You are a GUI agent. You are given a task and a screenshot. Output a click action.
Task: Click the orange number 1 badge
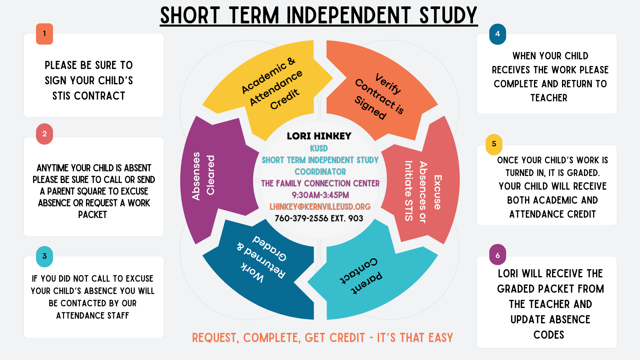point(44,34)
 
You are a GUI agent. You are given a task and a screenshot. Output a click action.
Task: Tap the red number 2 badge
point(44,134)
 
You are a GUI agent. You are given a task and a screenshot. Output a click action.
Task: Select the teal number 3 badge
point(44,256)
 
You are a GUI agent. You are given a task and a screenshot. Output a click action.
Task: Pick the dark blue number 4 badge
point(497,34)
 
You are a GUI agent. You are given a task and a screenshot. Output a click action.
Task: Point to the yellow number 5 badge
point(494,144)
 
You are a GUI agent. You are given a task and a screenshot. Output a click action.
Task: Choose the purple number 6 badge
point(497,255)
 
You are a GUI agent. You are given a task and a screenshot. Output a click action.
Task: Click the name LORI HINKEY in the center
point(319,136)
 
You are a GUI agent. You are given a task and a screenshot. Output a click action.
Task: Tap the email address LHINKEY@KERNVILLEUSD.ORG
point(320,207)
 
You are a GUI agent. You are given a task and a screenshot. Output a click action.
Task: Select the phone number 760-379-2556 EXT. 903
point(319,218)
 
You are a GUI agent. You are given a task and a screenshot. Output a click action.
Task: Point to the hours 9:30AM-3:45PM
point(320,195)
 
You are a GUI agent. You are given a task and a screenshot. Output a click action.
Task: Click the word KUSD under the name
point(319,148)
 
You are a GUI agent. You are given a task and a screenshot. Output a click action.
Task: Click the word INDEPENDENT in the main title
point(348,15)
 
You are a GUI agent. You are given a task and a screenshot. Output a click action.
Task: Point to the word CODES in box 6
point(549,335)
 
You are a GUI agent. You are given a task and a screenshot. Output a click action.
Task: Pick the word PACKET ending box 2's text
point(93,215)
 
